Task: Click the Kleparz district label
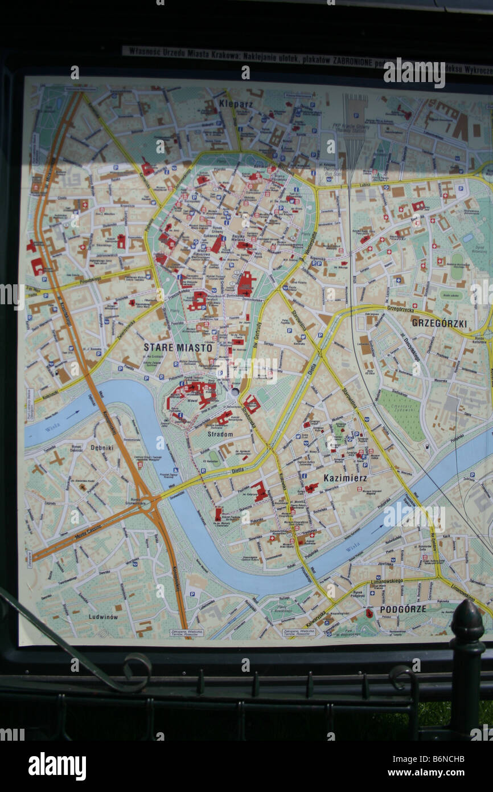[x=236, y=104]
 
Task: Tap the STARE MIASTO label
[x=178, y=347]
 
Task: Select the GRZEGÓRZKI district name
[x=439, y=323]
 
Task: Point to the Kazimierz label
[x=345, y=478]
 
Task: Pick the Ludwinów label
[x=103, y=617]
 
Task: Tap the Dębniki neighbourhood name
[x=102, y=447]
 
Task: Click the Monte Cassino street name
[x=88, y=532]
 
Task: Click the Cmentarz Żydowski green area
[x=402, y=414]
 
